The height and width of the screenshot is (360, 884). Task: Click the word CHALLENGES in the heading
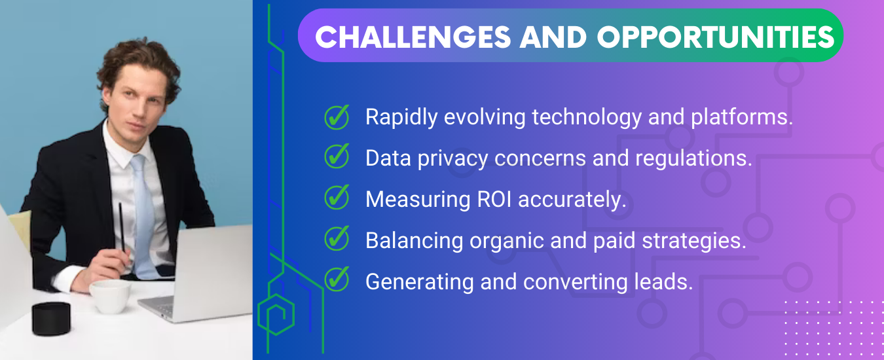click(413, 37)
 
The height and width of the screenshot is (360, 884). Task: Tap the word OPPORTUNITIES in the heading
click(716, 37)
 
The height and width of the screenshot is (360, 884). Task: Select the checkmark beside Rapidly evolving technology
click(337, 117)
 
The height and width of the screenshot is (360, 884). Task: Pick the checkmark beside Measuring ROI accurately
click(337, 197)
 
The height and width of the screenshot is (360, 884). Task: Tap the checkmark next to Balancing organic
click(337, 238)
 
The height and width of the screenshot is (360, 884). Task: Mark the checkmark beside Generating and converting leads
click(337, 279)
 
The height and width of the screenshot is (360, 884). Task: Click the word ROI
click(494, 199)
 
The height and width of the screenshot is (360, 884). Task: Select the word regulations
click(693, 158)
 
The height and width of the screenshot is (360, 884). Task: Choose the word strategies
click(694, 240)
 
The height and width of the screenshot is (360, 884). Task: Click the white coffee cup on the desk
click(110, 297)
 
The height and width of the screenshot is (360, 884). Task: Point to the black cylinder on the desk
click(51, 319)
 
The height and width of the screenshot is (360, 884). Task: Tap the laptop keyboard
click(162, 306)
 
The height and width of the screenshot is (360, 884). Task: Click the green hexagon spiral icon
click(276, 314)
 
